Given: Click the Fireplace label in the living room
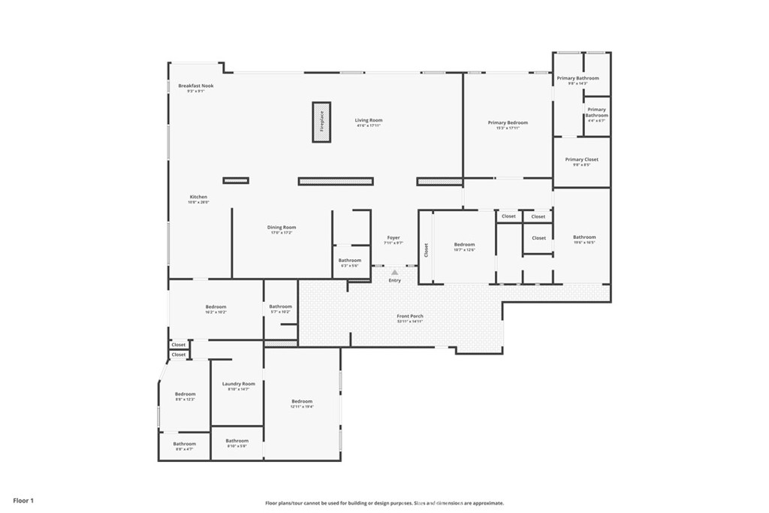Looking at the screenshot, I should [x=321, y=122].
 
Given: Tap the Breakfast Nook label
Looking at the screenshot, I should [x=195, y=86].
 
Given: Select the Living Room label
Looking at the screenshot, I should [x=369, y=120].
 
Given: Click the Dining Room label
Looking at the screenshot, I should [x=282, y=227].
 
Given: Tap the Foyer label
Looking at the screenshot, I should [x=394, y=237].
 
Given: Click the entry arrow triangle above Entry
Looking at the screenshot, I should [x=394, y=273].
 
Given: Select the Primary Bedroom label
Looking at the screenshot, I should [x=508, y=122].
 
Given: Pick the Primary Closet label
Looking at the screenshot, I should [x=581, y=159].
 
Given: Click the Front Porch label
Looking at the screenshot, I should [x=410, y=316].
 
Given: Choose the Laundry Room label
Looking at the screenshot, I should [x=238, y=384].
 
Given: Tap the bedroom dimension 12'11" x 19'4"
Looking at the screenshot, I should [x=302, y=406].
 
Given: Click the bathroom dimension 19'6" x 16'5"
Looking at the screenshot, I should [x=584, y=243].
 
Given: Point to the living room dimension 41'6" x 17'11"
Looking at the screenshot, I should [x=369, y=125].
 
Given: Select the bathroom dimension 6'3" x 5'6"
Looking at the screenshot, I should [x=349, y=266].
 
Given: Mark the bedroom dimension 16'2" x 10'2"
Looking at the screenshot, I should [x=216, y=312].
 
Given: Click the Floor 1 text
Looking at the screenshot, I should [x=23, y=499].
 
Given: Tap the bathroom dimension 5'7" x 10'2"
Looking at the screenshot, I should [x=280, y=312].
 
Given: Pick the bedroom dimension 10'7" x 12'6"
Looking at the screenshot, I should [x=464, y=249].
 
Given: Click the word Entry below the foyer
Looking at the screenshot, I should [x=394, y=280].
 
